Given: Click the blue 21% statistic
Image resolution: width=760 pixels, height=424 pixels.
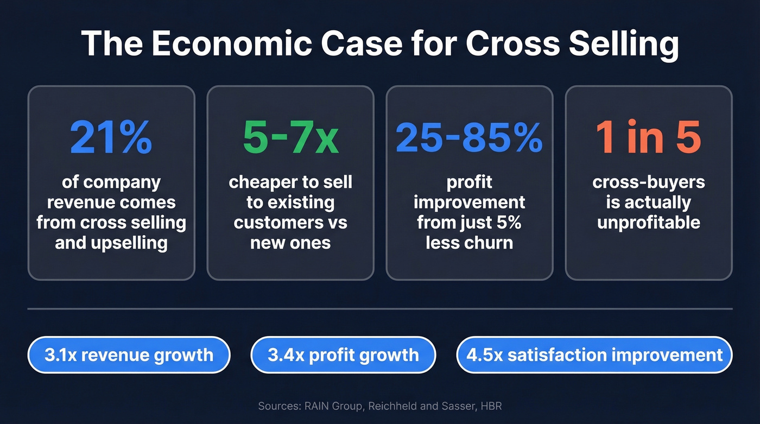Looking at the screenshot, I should click(x=111, y=138).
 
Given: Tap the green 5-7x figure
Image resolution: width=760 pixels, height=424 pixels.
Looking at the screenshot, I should click(x=290, y=138).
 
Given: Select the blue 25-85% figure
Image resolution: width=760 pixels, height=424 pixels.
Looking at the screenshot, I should click(x=469, y=138).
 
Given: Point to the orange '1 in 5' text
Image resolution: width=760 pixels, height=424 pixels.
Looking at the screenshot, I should click(x=648, y=138).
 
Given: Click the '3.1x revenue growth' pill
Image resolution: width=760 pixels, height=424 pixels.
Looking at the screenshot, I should click(x=129, y=355).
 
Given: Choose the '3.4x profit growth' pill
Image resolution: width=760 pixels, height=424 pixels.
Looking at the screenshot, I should click(x=343, y=355).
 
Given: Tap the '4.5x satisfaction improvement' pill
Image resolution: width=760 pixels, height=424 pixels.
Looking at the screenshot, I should click(x=594, y=355).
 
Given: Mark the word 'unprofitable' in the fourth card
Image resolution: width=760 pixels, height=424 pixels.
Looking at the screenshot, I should click(x=648, y=222).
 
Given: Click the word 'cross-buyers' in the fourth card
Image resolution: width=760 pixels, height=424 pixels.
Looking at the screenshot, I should click(x=648, y=182).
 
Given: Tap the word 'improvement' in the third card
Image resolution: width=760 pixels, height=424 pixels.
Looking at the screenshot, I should click(x=469, y=202).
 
